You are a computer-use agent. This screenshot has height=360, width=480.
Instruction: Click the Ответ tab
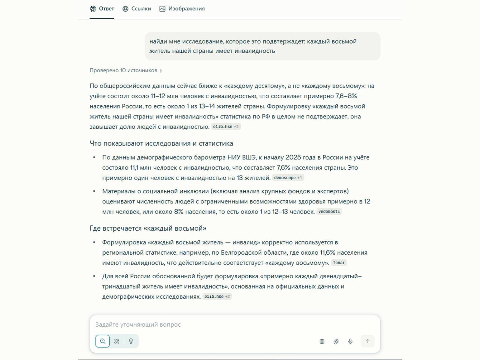tap(102, 9)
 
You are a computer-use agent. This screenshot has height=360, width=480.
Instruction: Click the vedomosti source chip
tap(329, 212)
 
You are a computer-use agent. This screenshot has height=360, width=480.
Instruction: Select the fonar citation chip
tap(339, 263)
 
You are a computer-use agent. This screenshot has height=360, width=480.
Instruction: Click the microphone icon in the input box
tap(350, 341)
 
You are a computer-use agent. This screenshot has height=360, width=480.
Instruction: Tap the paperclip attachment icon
tap(336, 341)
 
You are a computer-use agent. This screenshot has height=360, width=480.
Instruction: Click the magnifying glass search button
tap(103, 341)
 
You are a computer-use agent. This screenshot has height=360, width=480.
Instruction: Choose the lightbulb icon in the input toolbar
tap(131, 341)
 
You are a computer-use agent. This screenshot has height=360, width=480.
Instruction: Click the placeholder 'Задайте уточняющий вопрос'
tap(138, 324)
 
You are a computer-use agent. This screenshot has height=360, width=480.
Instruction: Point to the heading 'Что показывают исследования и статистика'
tap(161, 143)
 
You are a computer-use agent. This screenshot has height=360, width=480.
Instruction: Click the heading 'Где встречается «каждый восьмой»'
tap(148, 228)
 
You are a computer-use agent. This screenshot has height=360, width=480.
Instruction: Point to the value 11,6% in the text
tap(328, 252)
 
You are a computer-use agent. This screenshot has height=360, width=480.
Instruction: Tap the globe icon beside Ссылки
tap(125, 9)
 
